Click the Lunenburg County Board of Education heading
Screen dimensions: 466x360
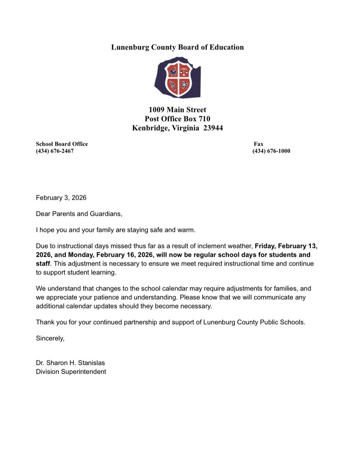[177, 47]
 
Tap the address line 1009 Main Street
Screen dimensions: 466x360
[177, 110]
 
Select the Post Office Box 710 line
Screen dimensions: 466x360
[177, 119]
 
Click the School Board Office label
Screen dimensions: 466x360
[62, 144]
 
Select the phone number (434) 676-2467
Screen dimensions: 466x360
[55, 151]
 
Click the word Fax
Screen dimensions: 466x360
[259, 144]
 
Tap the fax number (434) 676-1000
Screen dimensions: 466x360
[271, 151]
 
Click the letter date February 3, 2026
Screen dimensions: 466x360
[61, 198]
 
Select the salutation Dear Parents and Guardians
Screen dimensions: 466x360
[79, 213]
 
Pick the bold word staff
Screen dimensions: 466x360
[43, 263]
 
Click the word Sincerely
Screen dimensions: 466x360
[50, 338]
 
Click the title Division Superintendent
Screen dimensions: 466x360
[71, 371]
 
